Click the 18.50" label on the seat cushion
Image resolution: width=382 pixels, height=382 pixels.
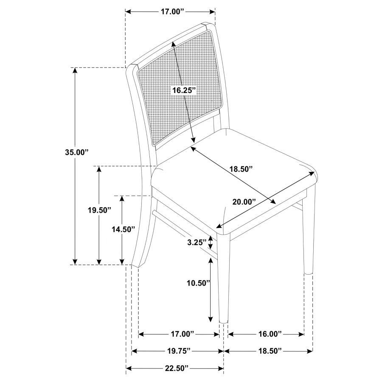point(241,169)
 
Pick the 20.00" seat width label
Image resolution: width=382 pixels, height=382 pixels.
point(244,202)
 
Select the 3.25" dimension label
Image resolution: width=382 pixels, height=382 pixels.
point(197,242)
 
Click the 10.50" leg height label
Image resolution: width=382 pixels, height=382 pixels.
point(199,283)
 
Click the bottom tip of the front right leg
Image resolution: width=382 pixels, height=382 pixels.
point(223,321)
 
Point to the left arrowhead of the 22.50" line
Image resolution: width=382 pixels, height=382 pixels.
point(129,368)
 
